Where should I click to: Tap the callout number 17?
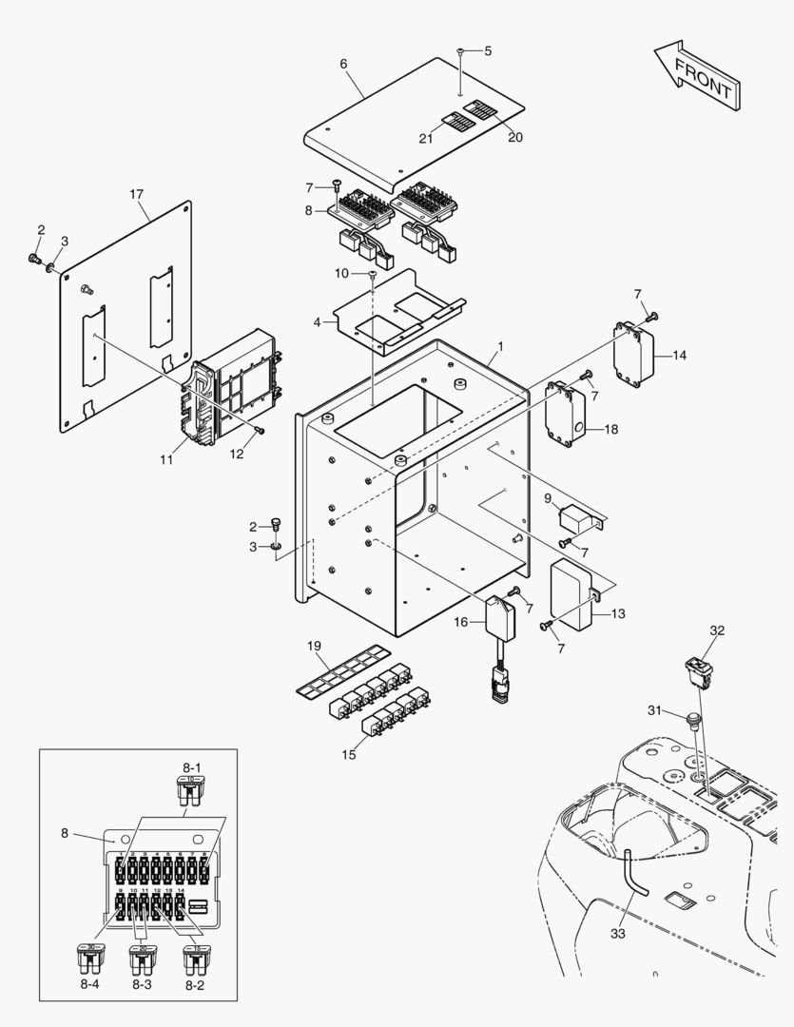click(x=136, y=194)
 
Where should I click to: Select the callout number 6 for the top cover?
click(x=343, y=64)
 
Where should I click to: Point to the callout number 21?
click(x=426, y=139)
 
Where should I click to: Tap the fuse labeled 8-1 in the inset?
click(x=190, y=792)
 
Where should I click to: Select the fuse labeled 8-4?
click(x=89, y=959)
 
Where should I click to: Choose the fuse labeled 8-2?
click(x=196, y=959)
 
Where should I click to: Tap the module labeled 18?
click(x=565, y=415)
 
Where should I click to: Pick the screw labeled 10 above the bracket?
click(x=372, y=275)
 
